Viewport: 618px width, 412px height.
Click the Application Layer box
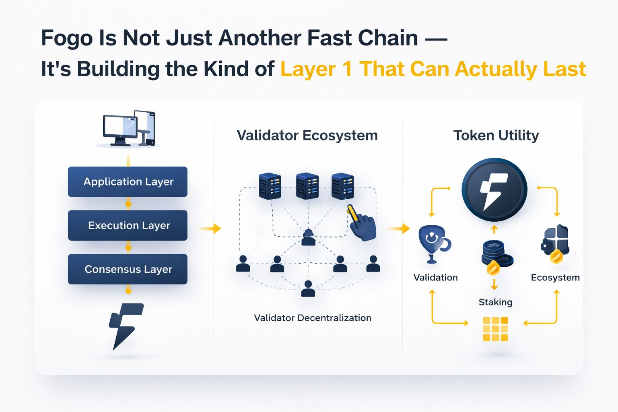(128, 181)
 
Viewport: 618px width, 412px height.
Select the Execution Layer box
(128, 225)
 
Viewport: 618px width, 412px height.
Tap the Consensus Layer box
(128, 269)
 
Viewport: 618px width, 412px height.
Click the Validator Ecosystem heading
(307, 136)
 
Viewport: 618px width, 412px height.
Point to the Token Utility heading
(496, 136)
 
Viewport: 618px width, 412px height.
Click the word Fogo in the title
(67, 38)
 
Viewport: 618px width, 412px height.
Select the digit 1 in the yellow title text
(348, 69)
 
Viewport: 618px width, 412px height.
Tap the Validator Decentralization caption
(313, 318)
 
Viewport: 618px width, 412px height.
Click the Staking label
(496, 303)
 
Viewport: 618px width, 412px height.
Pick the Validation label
(435, 277)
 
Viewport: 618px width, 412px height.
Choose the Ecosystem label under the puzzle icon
(555, 278)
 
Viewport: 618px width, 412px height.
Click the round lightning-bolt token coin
(494, 190)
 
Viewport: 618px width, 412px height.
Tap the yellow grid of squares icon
(495, 329)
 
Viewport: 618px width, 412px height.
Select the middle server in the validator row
(307, 186)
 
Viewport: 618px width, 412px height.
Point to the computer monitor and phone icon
(129, 128)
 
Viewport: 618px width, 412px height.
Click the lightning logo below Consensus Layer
(126, 327)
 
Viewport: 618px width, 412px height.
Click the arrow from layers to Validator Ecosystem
(210, 229)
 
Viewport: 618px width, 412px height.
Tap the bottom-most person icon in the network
(308, 288)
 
